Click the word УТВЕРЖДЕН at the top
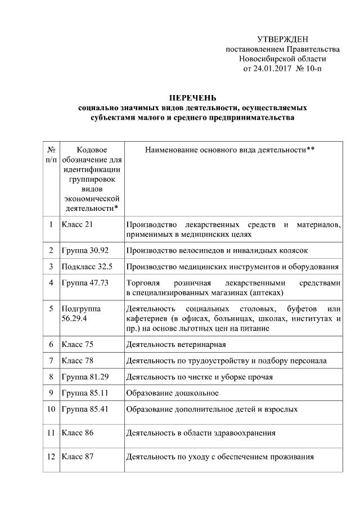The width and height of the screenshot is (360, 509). click(282, 39)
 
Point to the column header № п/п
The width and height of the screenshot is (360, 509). click(51, 155)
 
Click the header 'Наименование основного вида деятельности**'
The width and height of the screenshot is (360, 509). click(229, 150)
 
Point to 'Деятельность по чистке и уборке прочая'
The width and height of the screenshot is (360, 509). click(200, 376)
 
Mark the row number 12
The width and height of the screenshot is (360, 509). click(51, 457)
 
